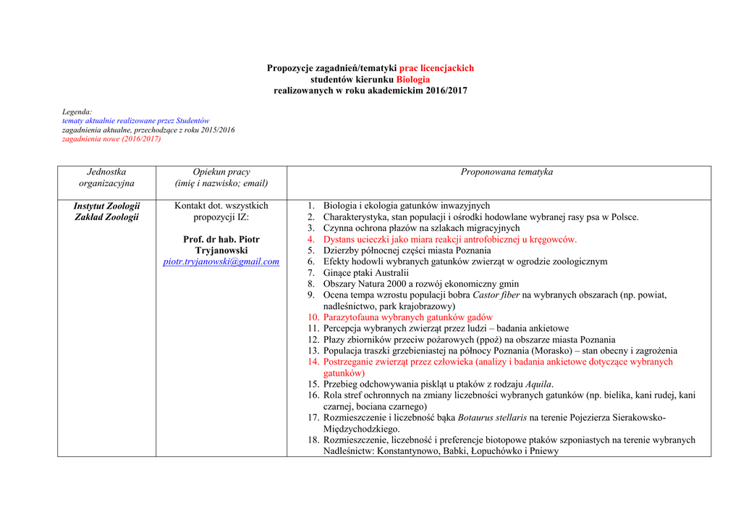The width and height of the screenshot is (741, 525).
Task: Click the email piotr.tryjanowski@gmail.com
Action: pyautogui.click(x=221, y=261)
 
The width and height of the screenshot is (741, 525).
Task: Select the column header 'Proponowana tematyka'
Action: pyautogui.click(x=507, y=172)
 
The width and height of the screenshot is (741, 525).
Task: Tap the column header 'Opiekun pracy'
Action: pyautogui.click(x=221, y=172)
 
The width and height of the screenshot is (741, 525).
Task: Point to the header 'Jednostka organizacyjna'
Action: pyautogui.click(x=106, y=177)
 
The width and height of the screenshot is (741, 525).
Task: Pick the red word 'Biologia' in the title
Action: pyautogui.click(x=412, y=79)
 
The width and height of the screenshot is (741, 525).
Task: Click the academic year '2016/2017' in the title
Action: pyautogui.click(x=446, y=91)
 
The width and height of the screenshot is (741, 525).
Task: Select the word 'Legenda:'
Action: pyautogui.click(x=77, y=112)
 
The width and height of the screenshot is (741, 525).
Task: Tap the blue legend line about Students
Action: pyautogui.click(x=135, y=121)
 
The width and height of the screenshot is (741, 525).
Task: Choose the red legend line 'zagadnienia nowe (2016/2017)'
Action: pyautogui.click(x=111, y=139)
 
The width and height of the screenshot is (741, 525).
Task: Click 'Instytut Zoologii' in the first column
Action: pyautogui.click(x=106, y=206)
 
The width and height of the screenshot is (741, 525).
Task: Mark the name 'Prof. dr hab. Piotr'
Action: pyautogui.click(x=221, y=239)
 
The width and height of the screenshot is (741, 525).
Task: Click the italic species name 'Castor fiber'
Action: pyautogui.click(x=496, y=295)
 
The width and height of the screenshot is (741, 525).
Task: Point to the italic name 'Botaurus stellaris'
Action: pyautogui.click(x=492, y=418)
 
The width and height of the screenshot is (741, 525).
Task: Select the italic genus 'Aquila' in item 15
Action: pyautogui.click(x=539, y=384)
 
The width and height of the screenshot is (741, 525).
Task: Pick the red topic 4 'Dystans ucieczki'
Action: pyautogui.click(x=449, y=239)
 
